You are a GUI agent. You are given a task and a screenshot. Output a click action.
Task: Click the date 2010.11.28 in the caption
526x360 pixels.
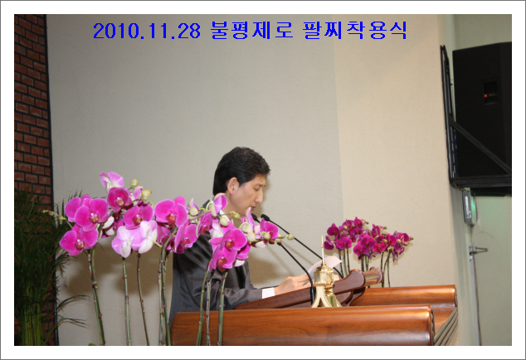click(x=147, y=31)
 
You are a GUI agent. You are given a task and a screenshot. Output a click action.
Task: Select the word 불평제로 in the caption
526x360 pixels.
click(x=252, y=30)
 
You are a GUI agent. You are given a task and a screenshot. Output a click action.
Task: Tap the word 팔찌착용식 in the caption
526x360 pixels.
click(x=355, y=30)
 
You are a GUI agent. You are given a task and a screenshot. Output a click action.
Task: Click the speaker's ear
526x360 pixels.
click(x=233, y=186)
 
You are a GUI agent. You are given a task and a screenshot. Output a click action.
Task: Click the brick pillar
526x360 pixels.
click(x=33, y=110)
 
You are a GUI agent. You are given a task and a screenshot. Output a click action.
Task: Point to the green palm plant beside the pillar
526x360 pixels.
click(x=37, y=269)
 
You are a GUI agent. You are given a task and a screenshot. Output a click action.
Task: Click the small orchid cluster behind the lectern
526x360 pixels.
click(x=367, y=238)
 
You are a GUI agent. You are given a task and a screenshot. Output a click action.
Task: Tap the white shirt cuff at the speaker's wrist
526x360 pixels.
click(x=268, y=292)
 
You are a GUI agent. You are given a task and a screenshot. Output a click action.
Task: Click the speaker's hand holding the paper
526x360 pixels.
click(x=291, y=284)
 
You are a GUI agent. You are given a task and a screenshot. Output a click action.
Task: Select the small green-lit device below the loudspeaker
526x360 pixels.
click(x=469, y=207)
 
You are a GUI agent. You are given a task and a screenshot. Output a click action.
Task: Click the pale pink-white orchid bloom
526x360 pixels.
click(x=137, y=239)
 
